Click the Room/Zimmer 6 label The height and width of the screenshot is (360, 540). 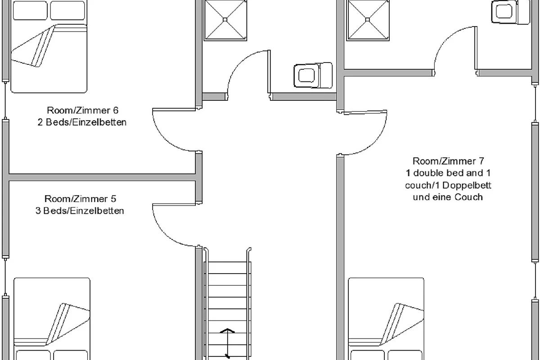coord(83,110)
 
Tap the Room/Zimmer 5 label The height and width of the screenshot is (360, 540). coord(80,199)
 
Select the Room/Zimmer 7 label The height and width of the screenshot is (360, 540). coord(448,161)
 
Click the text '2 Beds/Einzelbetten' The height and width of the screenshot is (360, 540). coord(82,122)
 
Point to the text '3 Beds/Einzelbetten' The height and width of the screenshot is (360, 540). coord(80,211)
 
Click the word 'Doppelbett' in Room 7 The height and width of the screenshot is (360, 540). coord(467,185)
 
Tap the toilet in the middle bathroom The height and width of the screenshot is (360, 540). coord(313,75)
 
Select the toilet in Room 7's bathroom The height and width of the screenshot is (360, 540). coord(511,12)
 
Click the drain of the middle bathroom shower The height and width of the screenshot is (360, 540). coord(225,19)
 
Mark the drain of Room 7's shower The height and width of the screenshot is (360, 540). coord(367,19)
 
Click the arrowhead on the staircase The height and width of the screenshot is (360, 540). coord(227,330)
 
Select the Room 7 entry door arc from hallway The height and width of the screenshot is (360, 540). coord(374,143)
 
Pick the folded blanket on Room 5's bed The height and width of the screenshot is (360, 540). coord(68,324)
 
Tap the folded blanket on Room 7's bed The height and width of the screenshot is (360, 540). coord(401,324)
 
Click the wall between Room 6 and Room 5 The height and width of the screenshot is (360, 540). coord(102,177)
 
